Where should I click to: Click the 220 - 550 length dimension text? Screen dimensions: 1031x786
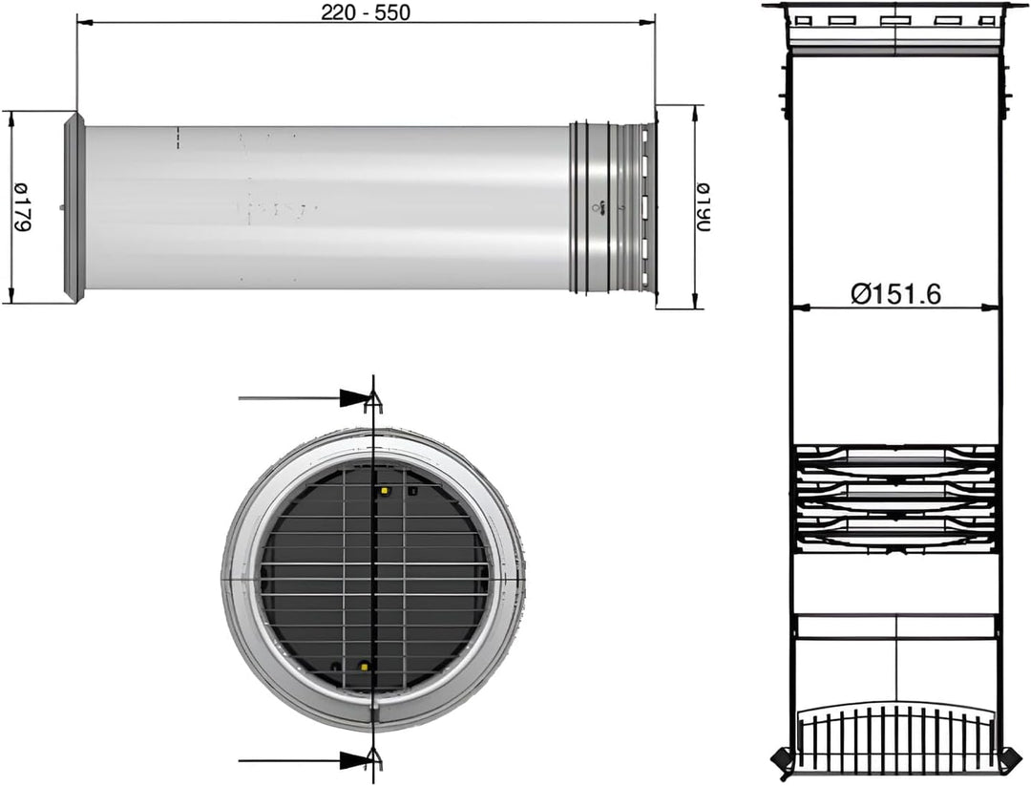click(x=365, y=11)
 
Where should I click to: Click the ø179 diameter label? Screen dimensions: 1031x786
click(x=23, y=206)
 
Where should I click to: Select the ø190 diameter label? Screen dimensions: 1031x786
click(x=703, y=206)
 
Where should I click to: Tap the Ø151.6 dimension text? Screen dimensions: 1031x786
click(x=895, y=293)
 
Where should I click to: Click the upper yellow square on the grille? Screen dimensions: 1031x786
click(x=384, y=491)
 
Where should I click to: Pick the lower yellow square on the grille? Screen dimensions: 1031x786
click(x=364, y=667)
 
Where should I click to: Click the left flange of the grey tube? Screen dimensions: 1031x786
click(x=73, y=207)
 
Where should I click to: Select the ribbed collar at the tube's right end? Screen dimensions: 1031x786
click(x=612, y=206)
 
